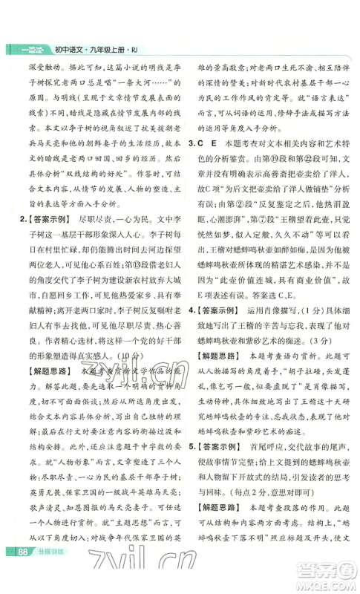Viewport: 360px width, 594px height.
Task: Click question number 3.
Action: click(192, 122)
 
